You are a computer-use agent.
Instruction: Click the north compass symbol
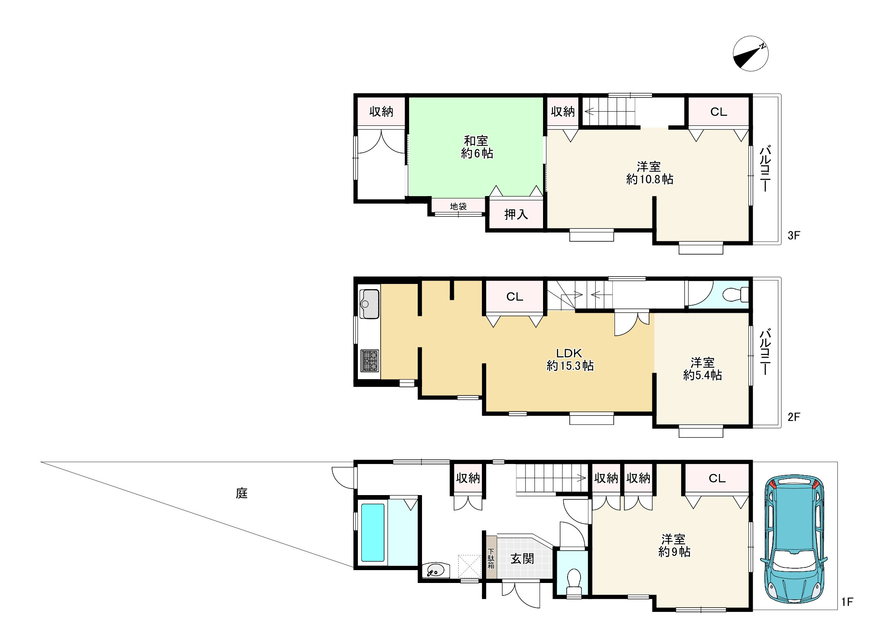pos(750,53)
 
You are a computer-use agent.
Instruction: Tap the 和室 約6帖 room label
pos(477,147)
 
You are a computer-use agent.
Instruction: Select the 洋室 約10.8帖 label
pos(649,173)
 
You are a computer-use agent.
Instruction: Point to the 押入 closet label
pos(516,214)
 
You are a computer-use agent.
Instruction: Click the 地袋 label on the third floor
pos(458,206)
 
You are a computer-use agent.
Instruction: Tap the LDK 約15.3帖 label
pos(570,360)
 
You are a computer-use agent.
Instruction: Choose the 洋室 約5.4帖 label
pos(702,369)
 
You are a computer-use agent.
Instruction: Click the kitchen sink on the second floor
pos(369,304)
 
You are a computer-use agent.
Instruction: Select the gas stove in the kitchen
pos(369,361)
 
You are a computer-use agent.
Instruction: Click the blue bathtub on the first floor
pos(372,532)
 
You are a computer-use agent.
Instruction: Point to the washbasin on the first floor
pos(436,571)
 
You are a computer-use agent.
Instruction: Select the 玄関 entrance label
pos(522,559)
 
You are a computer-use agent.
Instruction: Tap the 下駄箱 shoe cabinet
pos(491,557)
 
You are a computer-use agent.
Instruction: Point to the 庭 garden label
pos(242,493)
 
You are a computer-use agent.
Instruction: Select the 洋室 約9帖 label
pos(674,545)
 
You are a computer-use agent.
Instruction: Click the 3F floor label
pos(794,235)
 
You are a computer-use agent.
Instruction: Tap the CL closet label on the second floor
pos(515,296)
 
